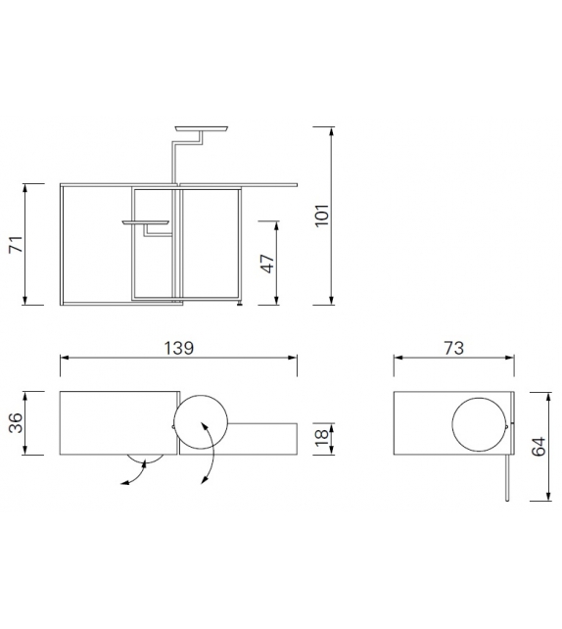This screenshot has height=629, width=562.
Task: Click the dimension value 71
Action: click(16, 244)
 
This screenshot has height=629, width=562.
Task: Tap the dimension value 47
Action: click(267, 262)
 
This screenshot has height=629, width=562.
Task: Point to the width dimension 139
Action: click(179, 348)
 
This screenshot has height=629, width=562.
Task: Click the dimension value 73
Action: click(452, 348)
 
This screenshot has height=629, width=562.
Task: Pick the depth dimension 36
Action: click(16, 423)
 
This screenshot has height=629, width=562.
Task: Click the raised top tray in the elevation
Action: click(201, 128)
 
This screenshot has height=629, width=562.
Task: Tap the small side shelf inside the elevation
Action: click(147, 222)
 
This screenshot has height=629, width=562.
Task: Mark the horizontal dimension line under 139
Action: click(179, 359)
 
